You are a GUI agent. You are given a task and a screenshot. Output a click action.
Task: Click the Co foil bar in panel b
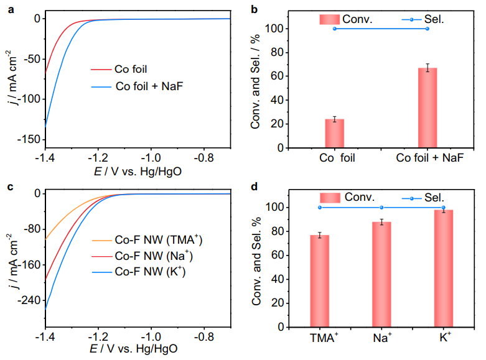(334, 133)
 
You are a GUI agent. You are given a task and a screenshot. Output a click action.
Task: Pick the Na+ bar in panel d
(381, 274)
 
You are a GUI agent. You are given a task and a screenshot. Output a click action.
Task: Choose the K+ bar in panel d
(443, 269)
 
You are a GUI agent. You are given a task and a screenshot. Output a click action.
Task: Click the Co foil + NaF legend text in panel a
(149, 86)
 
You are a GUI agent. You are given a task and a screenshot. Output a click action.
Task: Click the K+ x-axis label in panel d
(444, 339)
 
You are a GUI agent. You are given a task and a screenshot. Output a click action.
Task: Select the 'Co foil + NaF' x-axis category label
(430, 159)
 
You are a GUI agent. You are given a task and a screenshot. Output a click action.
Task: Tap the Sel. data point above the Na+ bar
(381, 207)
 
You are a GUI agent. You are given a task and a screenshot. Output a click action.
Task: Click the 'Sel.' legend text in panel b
(436, 19)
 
